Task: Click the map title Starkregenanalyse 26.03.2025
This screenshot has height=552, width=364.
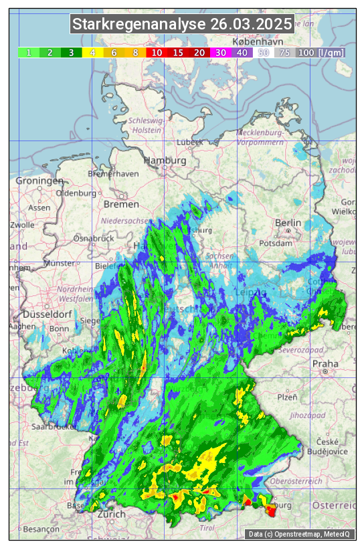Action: click(x=182, y=25)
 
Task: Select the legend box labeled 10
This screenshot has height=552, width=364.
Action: click(x=157, y=52)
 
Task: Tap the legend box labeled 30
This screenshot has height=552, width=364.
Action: click(x=220, y=52)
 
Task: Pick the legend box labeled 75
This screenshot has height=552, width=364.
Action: click(x=284, y=52)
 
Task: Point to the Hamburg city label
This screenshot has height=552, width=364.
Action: click(x=165, y=161)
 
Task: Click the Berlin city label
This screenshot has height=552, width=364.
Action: click(x=288, y=223)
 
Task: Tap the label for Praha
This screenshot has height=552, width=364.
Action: click(x=325, y=364)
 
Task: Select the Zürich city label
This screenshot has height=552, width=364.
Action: click(x=110, y=515)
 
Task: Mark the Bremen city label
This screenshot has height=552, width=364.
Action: click(x=121, y=204)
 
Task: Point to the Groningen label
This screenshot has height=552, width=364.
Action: click(x=39, y=181)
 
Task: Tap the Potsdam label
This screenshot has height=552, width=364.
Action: click(x=289, y=244)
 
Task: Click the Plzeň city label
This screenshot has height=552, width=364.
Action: click(x=287, y=397)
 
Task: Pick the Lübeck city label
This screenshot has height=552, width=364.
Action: click(x=189, y=143)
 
